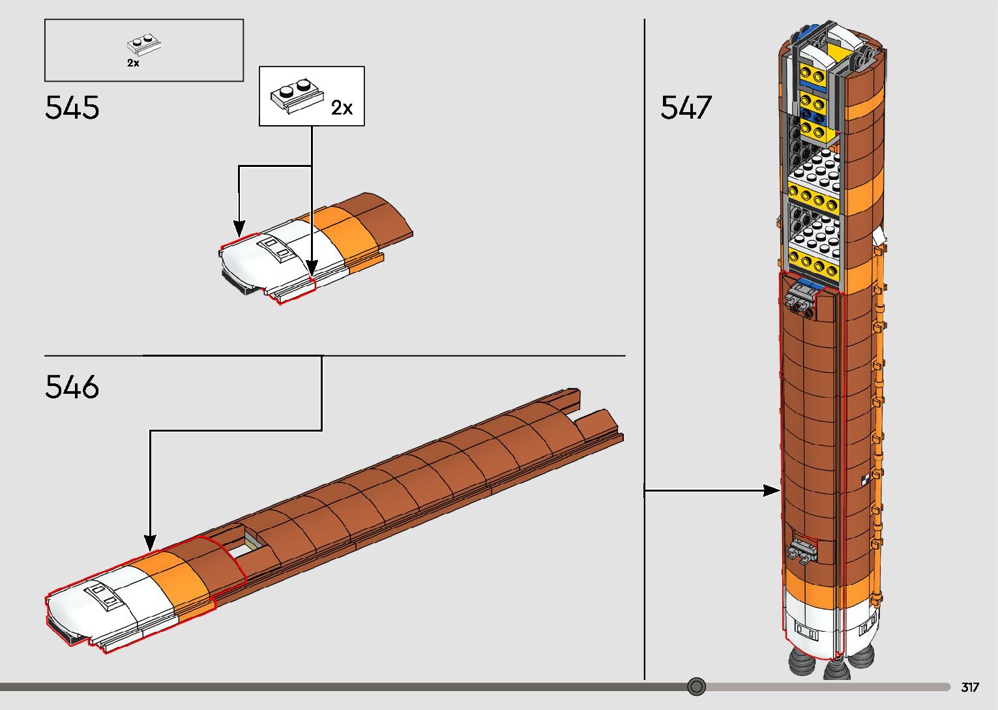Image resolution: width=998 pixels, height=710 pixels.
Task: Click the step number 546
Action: (72, 387)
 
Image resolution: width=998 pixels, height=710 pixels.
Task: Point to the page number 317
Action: (970, 687)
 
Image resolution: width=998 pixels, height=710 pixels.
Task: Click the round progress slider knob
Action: (696, 687)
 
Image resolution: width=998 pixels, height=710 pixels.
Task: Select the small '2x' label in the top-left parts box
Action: (133, 63)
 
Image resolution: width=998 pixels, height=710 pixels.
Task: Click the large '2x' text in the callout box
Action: (342, 108)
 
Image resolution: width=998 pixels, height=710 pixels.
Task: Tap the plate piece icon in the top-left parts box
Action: (143, 44)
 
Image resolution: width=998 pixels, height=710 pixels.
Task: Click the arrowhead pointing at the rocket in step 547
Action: (772, 490)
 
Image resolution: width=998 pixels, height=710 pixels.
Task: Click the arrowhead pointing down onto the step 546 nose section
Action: (150, 542)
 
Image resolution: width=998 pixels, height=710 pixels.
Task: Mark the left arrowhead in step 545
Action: (239, 229)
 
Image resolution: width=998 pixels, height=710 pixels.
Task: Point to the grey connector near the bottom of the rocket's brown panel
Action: (804, 550)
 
